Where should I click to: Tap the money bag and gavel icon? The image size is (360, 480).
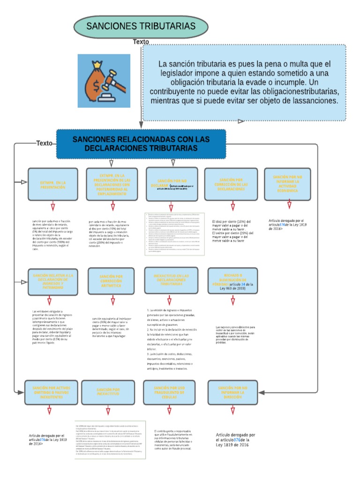pyautogui.click(x=104, y=80)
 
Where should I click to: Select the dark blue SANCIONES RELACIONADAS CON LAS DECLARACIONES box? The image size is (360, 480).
pyautogui.click(x=141, y=144)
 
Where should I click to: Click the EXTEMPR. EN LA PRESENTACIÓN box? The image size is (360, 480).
pyautogui.click(x=52, y=184)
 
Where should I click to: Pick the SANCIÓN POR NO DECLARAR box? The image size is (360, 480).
pyautogui.click(x=172, y=184)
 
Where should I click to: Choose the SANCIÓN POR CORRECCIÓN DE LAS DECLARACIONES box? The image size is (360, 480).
pyautogui.click(x=231, y=184)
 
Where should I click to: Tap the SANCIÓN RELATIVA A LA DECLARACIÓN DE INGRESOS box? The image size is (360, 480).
pyautogui.click(x=52, y=281)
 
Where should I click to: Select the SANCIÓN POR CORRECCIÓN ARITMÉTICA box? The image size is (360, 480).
pyautogui.click(x=111, y=281)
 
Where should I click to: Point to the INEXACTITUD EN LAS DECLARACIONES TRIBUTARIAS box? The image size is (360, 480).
pyautogui.click(x=170, y=280)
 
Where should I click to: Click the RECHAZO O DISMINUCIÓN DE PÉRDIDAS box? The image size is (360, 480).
pyautogui.click(x=232, y=280)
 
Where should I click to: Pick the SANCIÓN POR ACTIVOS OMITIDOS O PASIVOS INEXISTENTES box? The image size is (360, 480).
pyautogui.click(x=51, y=392)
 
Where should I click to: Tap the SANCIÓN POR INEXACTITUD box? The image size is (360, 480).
pyautogui.click(x=108, y=392)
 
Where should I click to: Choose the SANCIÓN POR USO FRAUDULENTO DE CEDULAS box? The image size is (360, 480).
pyautogui.click(x=170, y=392)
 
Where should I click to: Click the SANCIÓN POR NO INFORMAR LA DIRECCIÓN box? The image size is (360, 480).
pyautogui.click(x=232, y=392)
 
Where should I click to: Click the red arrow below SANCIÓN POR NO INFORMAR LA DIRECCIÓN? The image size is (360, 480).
pyautogui.click(x=232, y=411)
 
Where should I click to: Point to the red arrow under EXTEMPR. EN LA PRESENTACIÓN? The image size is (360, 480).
pyautogui.click(x=53, y=205)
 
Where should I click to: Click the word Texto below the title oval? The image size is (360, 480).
pyautogui.click(x=141, y=42)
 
